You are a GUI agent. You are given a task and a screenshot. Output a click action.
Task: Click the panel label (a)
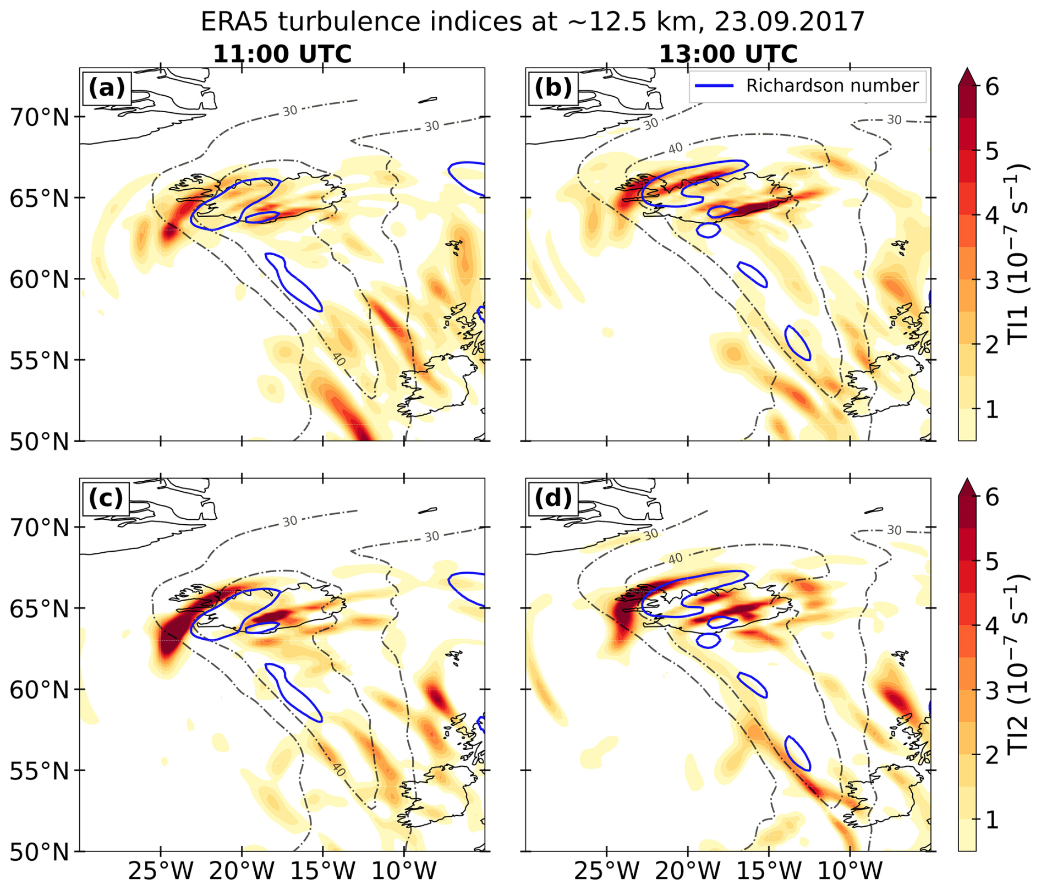(107, 88)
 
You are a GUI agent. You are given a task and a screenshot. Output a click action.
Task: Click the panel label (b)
(553, 88)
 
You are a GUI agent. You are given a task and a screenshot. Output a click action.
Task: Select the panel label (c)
(107, 498)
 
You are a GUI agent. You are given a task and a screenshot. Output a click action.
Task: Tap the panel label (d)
(553, 498)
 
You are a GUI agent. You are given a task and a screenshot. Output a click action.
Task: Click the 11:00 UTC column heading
(282, 54)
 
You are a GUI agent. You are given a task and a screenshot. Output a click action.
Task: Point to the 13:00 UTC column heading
(728, 54)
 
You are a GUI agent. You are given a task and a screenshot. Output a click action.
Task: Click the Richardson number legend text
(832, 86)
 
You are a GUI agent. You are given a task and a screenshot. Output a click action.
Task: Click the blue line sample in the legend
(714, 86)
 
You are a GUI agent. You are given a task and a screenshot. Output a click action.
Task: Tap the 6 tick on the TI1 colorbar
(993, 86)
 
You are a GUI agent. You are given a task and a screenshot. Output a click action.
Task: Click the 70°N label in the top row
(40, 117)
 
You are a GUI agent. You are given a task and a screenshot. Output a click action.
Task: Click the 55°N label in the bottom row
(40, 771)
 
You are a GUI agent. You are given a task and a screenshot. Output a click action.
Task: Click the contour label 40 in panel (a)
(339, 359)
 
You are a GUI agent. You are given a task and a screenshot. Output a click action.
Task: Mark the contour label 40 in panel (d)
(675, 559)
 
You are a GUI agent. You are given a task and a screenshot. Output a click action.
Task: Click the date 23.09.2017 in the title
(789, 22)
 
